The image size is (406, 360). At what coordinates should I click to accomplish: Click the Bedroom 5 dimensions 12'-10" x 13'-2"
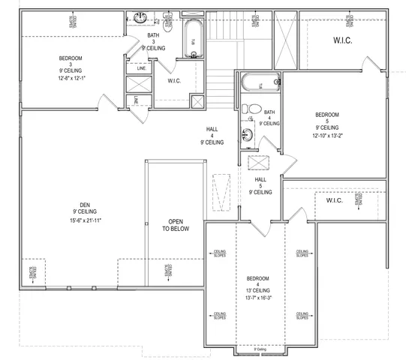pos(326,136)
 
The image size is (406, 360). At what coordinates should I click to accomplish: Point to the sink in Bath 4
pos(247,136)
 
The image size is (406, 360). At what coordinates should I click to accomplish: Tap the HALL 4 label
pos(212,134)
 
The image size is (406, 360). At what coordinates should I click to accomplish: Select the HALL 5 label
pos(260,185)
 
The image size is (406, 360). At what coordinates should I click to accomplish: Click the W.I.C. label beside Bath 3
pos(174,81)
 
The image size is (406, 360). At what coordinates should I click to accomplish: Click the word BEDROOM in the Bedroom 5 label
pos(326,115)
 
